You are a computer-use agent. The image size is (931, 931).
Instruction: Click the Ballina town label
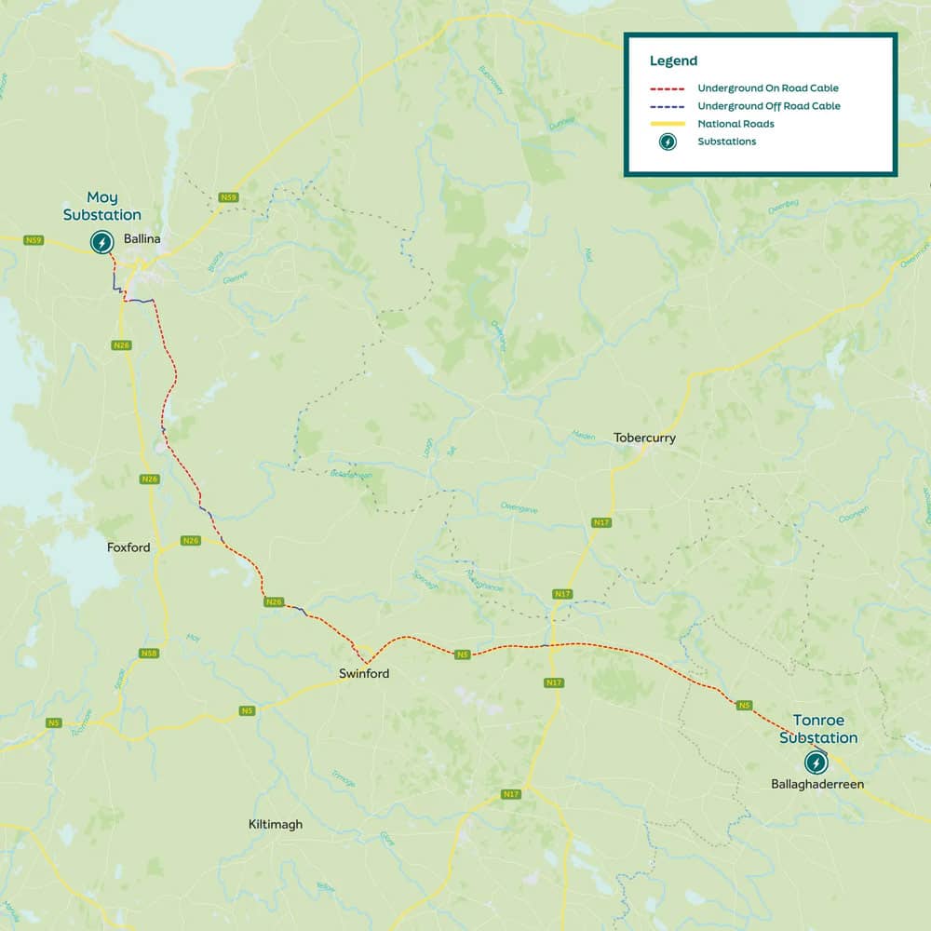[x=142, y=239]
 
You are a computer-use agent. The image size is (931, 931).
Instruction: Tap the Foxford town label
[x=128, y=547]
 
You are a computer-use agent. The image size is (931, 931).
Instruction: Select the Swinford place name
[x=364, y=673]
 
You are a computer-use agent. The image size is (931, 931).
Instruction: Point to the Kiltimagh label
[x=276, y=824]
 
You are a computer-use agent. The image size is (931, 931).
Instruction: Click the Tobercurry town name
[x=644, y=438]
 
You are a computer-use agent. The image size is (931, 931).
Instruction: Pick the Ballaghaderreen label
[x=817, y=785]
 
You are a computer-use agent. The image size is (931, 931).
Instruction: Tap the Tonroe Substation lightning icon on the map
[x=816, y=762]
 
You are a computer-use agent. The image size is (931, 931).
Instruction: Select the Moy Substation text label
[x=102, y=206]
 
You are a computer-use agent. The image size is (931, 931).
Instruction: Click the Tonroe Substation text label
[x=818, y=729]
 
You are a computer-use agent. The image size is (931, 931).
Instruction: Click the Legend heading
[x=673, y=61]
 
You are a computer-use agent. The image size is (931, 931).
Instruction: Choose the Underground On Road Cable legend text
[x=768, y=88]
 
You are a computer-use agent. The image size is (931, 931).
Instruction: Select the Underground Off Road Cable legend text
[x=769, y=106]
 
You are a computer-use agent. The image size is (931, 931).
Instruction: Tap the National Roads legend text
[x=735, y=124]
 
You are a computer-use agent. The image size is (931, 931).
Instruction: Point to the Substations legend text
[x=726, y=142]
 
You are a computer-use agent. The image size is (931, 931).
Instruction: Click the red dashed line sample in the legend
[x=667, y=88]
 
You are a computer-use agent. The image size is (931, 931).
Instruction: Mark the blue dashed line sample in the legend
[x=667, y=106]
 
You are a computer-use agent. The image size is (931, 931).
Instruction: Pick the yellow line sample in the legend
[x=667, y=124]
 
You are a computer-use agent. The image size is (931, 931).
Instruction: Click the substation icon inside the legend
[x=668, y=142]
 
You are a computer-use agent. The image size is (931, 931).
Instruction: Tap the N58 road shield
[x=149, y=654]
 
